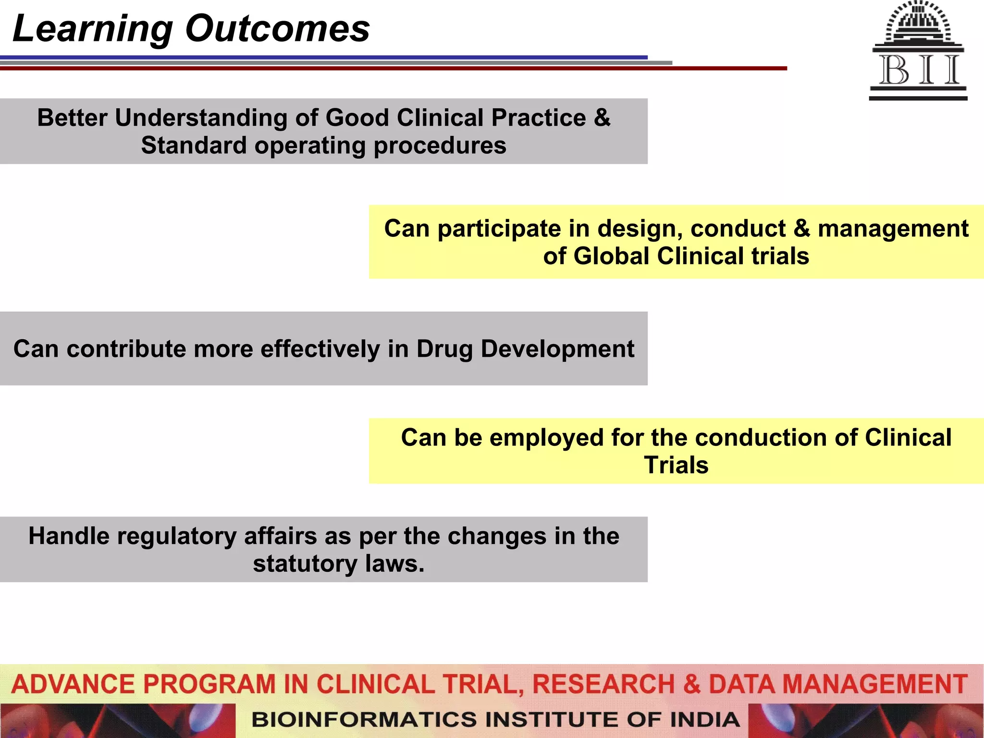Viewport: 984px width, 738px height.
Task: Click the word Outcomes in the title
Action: coord(277,29)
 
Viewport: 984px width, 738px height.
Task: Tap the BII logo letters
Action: coord(919,70)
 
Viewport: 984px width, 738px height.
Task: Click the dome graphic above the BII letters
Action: coord(918,24)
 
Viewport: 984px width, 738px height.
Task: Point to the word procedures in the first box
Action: coord(440,146)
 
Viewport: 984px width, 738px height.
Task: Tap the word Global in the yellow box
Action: coord(611,256)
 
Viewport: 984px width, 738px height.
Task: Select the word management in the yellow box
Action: coord(893,229)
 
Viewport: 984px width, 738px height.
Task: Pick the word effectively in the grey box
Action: coord(320,349)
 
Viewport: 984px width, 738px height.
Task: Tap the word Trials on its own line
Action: coord(676,466)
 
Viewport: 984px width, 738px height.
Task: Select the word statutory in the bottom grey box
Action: coord(305,564)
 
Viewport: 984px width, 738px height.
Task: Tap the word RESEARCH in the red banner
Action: coord(603,684)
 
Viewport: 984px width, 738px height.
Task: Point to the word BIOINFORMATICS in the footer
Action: coord(364,720)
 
